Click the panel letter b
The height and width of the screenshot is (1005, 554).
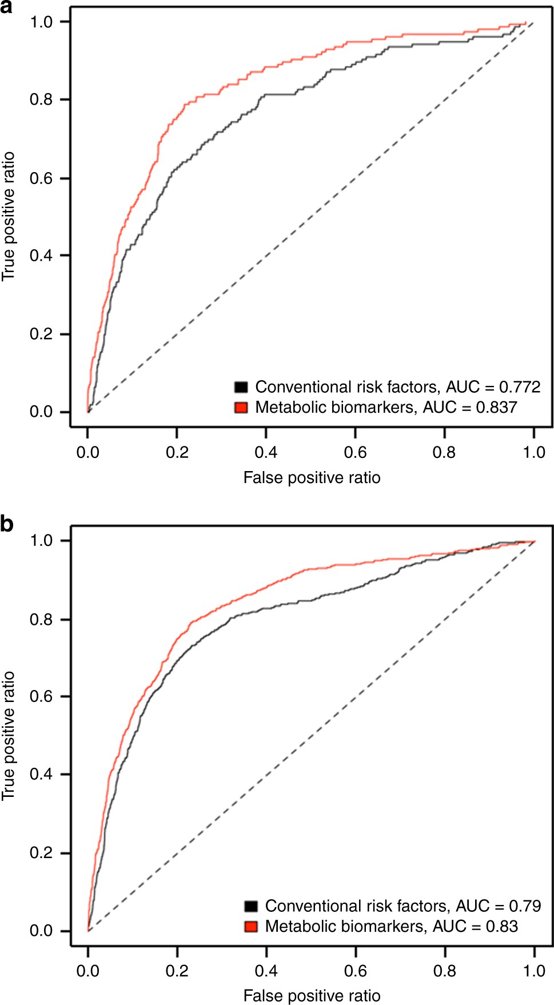pyautogui.click(x=7, y=524)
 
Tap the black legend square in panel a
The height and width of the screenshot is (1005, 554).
pyautogui.click(x=241, y=387)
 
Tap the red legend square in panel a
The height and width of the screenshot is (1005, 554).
pyautogui.click(x=241, y=407)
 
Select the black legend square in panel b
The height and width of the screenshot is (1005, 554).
pyautogui.click(x=251, y=906)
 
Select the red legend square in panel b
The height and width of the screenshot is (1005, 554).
pyautogui.click(x=251, y=926)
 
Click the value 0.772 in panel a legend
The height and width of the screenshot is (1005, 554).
pyautogui.click(x=520, y=387)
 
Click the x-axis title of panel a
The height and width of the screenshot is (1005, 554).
pyautogui.click(x=312, y=477)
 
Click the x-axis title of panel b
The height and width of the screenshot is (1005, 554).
pyautogui.click(x=312, y=996)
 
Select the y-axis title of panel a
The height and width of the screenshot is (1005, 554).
pyautogui.click(x=8, y=217)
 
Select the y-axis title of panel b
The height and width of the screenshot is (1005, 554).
pyautogui.click(x=8, y=736)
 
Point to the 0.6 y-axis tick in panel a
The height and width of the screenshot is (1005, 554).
pyautogui.click(x=41, y=178)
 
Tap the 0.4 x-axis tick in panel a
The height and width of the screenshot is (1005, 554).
pyautogui.click(x=266, y=452)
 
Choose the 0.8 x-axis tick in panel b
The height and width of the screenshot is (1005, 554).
pyautogui.click(x=445, y=971)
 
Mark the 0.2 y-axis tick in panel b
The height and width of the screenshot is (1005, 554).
pyautogui.click(x=41, y=852)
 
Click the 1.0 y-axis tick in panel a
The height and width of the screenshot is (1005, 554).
pyautogui.click(x=41, y=22)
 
